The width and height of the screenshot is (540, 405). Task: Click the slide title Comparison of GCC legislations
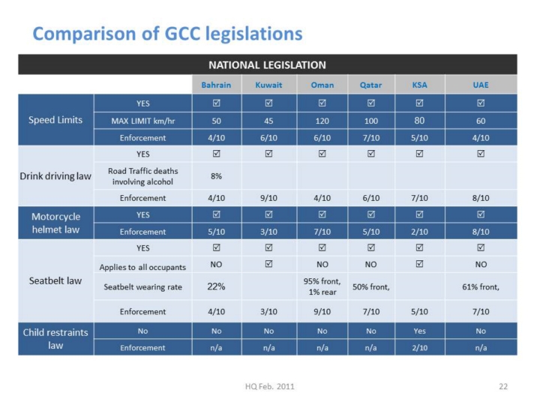click(x=168, y=34)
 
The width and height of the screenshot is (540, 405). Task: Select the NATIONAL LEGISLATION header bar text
click(x=267, y=65)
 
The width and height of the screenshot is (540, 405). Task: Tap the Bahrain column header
click(x=216, y=85)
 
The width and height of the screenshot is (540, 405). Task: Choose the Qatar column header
click(x=370, y=85)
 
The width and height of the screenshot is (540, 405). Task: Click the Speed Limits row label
click(x=55, y=119)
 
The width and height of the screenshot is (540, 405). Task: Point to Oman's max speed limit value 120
click(x=322, y=120)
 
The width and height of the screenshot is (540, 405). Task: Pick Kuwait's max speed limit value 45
click(x=268, y=120)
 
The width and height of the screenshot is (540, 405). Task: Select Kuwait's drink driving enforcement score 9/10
click(x=268, y=198)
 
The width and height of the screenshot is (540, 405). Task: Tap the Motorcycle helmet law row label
click(x=55, y=223)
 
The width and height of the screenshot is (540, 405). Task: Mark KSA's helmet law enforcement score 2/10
click(x=419, y=232)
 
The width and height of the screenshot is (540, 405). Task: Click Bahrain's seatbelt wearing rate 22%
click(x=216, y=286)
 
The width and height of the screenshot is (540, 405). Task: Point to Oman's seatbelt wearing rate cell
click(x=322, y=286)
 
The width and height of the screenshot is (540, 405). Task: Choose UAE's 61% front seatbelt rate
click(x=481, y=286)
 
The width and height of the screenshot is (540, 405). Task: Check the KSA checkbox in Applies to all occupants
click(x=419, y=265)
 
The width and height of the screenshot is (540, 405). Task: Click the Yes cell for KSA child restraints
click(x=419, y=330)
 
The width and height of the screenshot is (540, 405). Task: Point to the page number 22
click(x=503, y=386)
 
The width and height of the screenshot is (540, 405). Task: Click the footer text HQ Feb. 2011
click(x=270, y=386)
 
